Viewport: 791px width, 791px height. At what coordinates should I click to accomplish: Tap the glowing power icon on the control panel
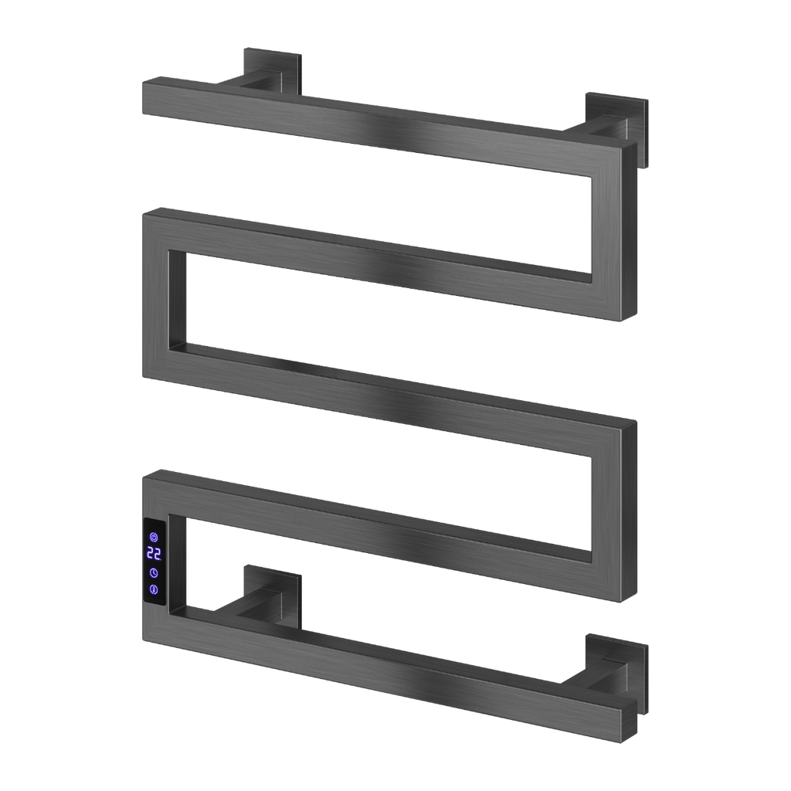[154, 538]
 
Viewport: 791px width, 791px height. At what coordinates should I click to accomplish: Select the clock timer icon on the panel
[154, 573]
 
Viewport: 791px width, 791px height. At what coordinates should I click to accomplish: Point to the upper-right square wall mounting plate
[616, 130]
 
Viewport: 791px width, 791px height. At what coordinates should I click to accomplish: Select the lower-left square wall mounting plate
[273, 598]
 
